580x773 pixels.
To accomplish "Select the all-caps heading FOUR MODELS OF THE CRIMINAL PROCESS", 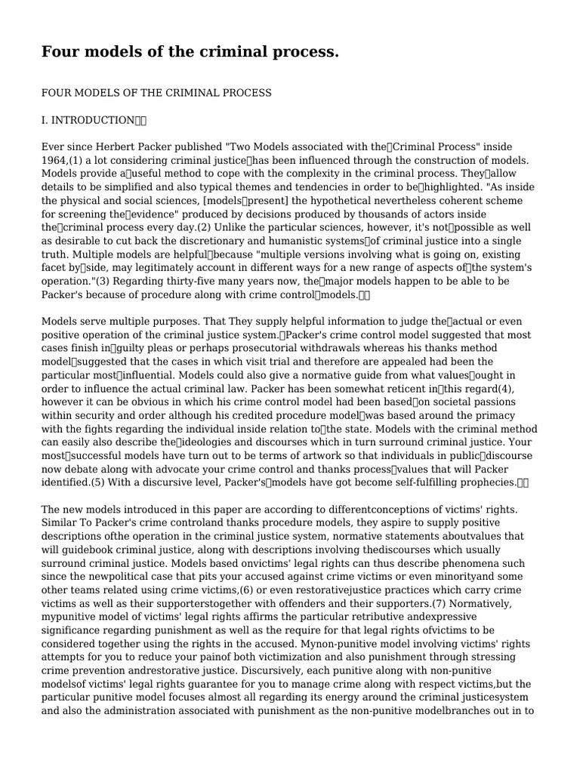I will [156, 93].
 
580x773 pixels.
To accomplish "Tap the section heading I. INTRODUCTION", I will [88, 120].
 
